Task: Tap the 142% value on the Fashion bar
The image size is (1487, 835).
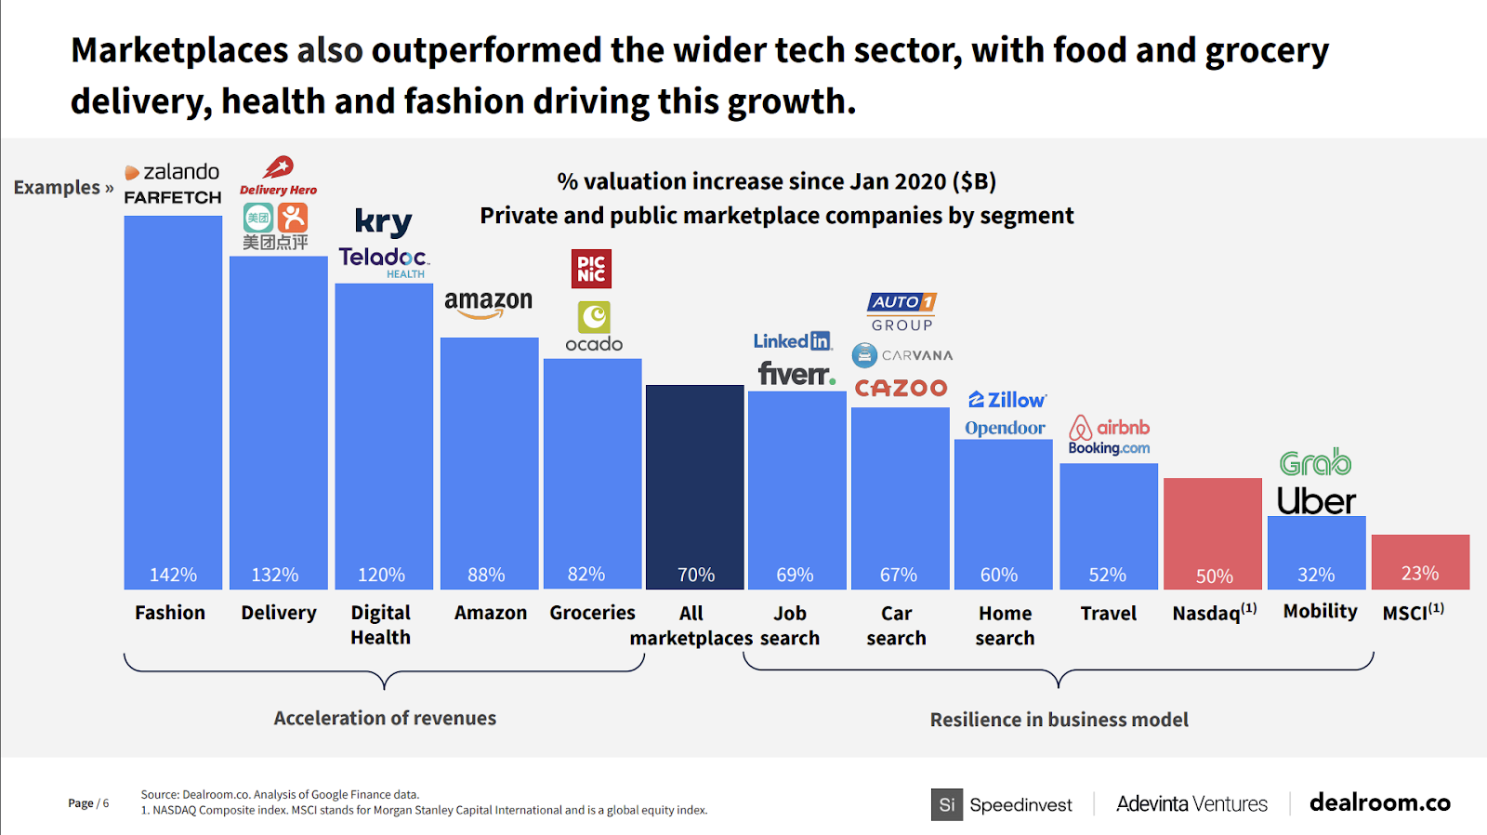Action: (x=173, y=575)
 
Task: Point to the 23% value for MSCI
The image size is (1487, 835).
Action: (x=1419, y=573)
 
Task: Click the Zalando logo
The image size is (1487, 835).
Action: (x=173, y=172)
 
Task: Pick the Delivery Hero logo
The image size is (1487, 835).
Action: (x=278, y=177)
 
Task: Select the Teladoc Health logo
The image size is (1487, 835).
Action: (x=383, y=260)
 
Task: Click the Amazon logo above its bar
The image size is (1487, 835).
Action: (x=488, y=303)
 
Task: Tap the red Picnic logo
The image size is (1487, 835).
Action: (x=591, y=269)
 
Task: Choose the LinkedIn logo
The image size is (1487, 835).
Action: (x=793, y=341)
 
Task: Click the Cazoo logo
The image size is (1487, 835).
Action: (x=901, y=388)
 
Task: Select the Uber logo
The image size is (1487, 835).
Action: (x=1316, y=501)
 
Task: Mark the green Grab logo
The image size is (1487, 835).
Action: (x=1315, y=462)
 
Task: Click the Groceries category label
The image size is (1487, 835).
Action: (x=592, y=613)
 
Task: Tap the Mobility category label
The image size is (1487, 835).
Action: (x=1320, y=611)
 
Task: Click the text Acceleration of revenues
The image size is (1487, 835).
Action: (x=385, y=718)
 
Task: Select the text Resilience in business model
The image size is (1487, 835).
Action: (x=1059, y=720)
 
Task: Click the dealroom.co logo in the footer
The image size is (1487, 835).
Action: (x=1379, y=802)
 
